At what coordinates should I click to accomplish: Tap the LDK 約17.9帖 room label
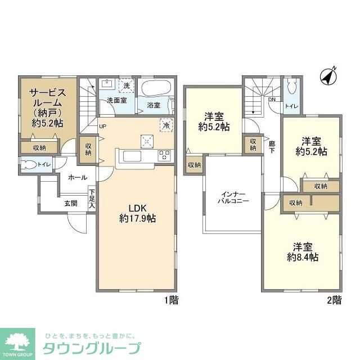(x=137, y=213)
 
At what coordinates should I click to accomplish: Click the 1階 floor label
(x=171, y=300)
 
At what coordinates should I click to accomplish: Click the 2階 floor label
(x=334, y=300)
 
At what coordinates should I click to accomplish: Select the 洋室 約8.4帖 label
(x=302, y=251)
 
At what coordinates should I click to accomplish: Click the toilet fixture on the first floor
(x=28, y=164)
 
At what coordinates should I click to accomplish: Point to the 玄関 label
(x=70, y=203)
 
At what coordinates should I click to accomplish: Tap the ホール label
(x=78, y=177)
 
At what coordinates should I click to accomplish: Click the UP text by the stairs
(x=102, y=126)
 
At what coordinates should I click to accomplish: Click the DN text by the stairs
(x=272, y=100)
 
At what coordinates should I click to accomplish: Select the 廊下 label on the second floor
(x=272, y=147)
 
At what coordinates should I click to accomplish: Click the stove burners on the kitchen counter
(x=165, y=155)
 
